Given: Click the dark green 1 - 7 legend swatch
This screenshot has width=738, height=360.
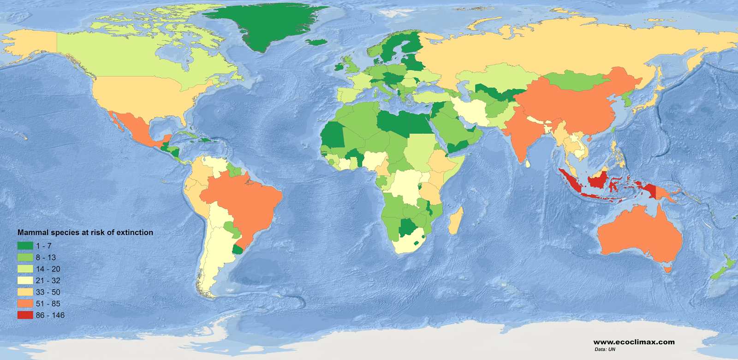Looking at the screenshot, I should [25, 246].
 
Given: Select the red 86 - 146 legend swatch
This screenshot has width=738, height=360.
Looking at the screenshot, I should [25, 315].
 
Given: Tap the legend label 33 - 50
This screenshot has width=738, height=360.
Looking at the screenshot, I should [48, 292].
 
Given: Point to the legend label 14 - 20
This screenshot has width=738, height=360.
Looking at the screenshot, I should [48, 269].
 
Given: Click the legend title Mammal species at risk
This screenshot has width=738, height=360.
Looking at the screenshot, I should [85, 233].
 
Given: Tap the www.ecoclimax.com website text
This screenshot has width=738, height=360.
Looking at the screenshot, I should [634, 342].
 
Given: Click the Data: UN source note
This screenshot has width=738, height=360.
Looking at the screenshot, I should [605, 349].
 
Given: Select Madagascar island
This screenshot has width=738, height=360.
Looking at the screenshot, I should [455, 220].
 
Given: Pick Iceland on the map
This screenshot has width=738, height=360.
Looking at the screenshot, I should [316, 42].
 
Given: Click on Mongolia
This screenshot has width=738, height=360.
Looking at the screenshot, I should [577, 81].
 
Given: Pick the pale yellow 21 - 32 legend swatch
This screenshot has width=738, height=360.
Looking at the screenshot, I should [25, 281].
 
